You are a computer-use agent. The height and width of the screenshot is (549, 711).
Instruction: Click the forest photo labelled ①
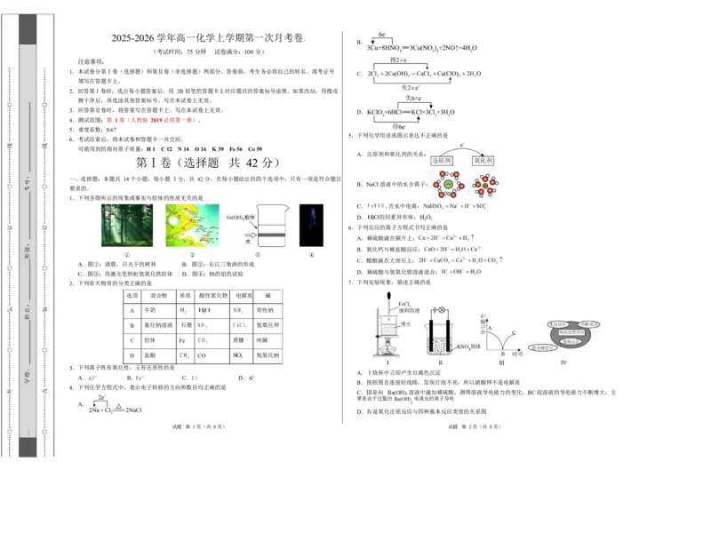[127, 226]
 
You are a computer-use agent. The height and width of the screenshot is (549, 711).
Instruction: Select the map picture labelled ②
[192, 226]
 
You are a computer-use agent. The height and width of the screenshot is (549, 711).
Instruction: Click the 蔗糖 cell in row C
[238, 340]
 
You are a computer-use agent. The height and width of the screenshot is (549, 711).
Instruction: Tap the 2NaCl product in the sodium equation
[134, 411]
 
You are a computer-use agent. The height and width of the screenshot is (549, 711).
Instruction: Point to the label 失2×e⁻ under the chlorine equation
[409, 88]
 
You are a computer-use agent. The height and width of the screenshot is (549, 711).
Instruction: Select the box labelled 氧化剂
[485, 160]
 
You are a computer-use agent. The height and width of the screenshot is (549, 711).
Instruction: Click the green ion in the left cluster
[449, 186]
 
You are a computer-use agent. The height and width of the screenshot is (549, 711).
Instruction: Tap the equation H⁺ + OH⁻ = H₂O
[463, 272]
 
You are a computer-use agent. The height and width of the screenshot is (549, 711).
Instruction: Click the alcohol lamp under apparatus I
[389, 353]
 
